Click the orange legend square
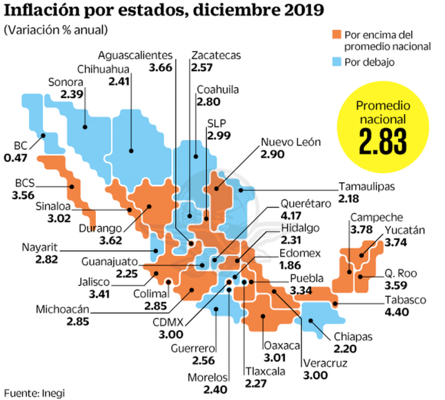(336, 35)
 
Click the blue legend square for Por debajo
(336, 61)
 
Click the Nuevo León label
(291, 142)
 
